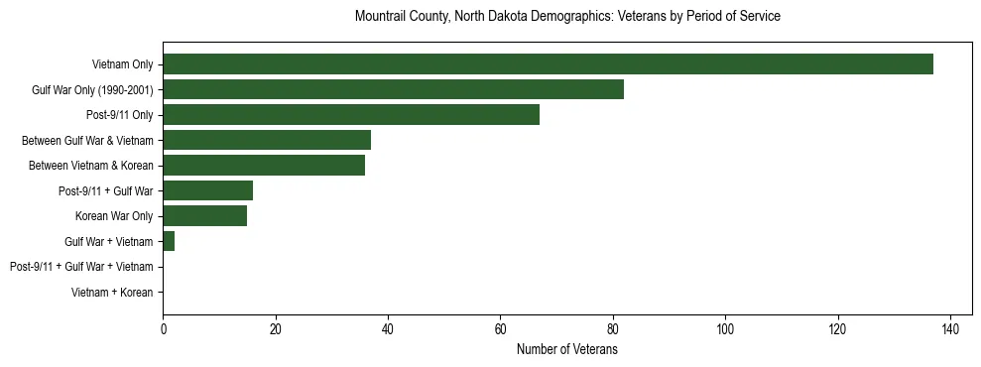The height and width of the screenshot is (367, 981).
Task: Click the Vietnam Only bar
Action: [548, 64]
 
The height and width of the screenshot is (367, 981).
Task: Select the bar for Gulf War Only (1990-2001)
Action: [393, 89]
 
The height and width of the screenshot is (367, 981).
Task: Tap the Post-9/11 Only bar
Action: [351, 115]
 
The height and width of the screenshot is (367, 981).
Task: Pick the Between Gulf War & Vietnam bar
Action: [267, 140]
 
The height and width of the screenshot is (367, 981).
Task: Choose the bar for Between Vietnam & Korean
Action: [264, 166]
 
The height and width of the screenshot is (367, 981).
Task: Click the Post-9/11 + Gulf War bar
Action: [207, 190]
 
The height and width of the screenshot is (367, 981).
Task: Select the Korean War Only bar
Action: [204, 216]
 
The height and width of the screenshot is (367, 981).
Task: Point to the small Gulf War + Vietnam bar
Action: [169, 241]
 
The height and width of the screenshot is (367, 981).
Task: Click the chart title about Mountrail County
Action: [567, 17]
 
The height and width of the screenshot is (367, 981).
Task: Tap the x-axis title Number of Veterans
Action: [567, 349]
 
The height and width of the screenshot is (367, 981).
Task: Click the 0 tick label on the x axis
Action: [163, 329]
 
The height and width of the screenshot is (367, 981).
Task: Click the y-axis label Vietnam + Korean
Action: [112, 293]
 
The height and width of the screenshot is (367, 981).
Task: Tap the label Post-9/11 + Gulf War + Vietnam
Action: [81, 267]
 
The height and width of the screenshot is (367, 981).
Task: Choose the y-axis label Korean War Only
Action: [114, 216]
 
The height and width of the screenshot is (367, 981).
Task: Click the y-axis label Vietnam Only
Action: [122, 64]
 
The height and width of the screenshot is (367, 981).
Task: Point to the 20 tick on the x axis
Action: [275, 329]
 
